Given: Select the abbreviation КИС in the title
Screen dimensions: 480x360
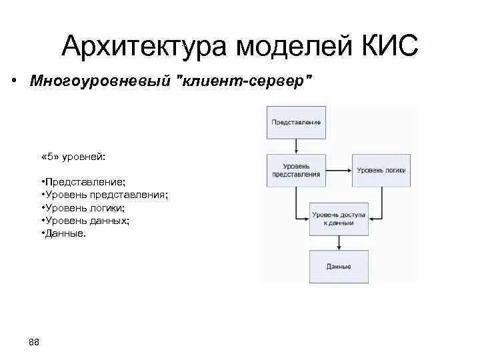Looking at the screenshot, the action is [x=390, y=46].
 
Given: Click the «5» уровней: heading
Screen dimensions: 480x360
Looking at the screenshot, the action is [x=73, y=156].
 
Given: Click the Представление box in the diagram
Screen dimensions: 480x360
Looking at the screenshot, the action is [x=297, y=123].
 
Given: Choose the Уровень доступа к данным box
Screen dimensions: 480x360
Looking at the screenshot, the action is [x=339, y=219].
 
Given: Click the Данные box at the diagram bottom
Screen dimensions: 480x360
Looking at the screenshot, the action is [x=339, y=267].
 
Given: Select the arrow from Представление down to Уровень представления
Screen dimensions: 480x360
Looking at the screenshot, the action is [x=297, y=147].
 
